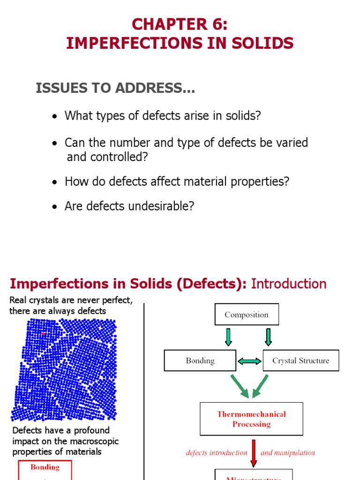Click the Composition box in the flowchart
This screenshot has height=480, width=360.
coord(247,315)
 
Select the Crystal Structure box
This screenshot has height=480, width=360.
coord(300,360)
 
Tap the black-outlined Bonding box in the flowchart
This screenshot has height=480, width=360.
coord(200,360)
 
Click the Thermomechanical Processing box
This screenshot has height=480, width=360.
coord(251,419)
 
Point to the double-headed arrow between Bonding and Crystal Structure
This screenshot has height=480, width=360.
coord(249,361)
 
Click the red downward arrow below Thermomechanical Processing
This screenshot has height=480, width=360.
coord(254,453)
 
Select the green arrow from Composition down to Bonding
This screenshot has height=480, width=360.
coord(228,337)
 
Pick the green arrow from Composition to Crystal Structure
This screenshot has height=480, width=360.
coord(269,337)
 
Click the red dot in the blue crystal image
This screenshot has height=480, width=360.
coord(43,334)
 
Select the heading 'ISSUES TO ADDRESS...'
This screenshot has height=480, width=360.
coord(115,88)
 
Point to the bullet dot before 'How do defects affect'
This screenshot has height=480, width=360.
coord(55,182)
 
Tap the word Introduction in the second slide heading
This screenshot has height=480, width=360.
coord(289,284)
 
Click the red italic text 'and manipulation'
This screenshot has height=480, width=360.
coord(288,453)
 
